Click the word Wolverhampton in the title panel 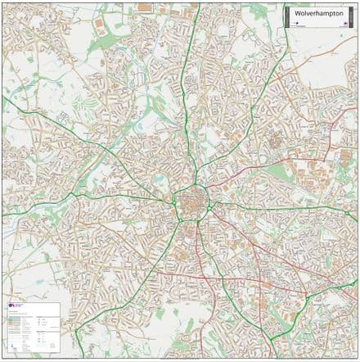click(x=315, y=14)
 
